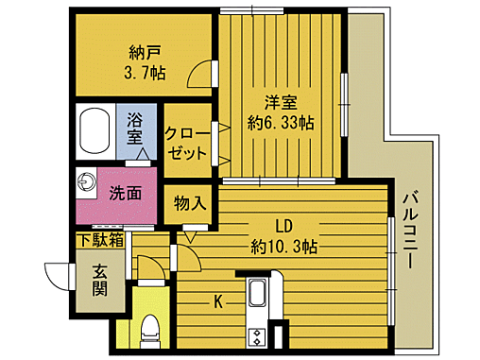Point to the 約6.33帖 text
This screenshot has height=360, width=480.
coord(281,122)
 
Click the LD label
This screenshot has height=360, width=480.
coord(283,227)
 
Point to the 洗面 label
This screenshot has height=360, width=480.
coord(125,193)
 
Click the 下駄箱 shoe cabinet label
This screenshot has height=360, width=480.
coord(100,241)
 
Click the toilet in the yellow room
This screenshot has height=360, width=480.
coord(149,330)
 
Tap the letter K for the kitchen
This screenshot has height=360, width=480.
coord(217,302)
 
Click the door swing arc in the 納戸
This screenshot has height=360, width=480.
coord(200,74)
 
